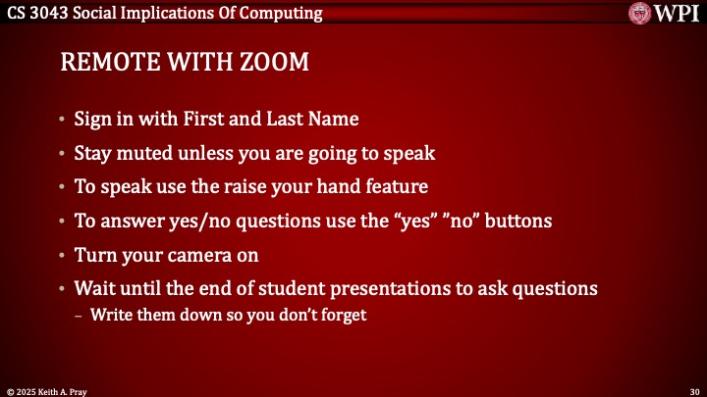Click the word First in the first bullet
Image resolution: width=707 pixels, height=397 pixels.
tap(187, 120)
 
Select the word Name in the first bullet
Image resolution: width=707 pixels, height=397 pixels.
tap(333, 120)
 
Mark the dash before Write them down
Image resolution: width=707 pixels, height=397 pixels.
tap(80, 315)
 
